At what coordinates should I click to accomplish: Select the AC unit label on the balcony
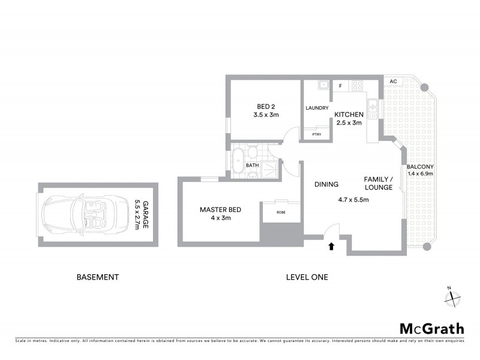tap(393, 82)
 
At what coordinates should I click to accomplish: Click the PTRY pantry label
tap(316, 134)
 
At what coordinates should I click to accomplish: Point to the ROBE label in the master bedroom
tap(281, 212)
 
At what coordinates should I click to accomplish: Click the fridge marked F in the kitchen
tap(341, 86)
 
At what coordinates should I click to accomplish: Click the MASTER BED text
tap(220, 209)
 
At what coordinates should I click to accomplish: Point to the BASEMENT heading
tap(98, 277)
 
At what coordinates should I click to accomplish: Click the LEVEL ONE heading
tap(307, 277)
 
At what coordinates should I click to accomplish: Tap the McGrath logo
tap(431, 328)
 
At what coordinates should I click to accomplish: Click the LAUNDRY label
tap(317, 108)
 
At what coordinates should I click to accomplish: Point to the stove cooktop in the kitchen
tap(357, 85)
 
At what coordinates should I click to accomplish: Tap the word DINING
tap(326, 184)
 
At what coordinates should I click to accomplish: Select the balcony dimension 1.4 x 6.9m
tap(420, 173)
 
